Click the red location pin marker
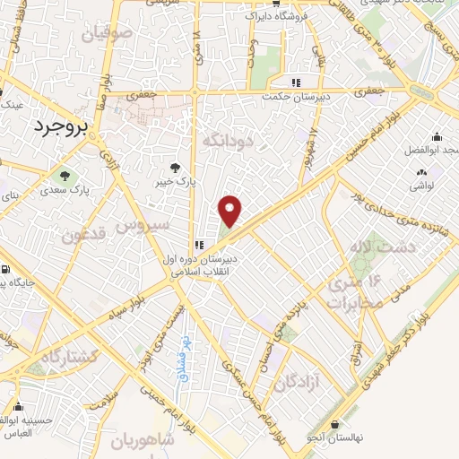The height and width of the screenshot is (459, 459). pyautogui.click(x=231, y=211)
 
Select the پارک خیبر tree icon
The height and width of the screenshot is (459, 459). pyautogui.click(x=176, y=168)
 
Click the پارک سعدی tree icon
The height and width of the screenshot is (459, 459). pyautogui.click(x=65, y=175)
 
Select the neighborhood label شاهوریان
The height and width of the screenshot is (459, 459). pyautogui.click(x=145, y=442)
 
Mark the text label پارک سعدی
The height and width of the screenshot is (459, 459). pyautogui.click(x=64, y=192)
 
